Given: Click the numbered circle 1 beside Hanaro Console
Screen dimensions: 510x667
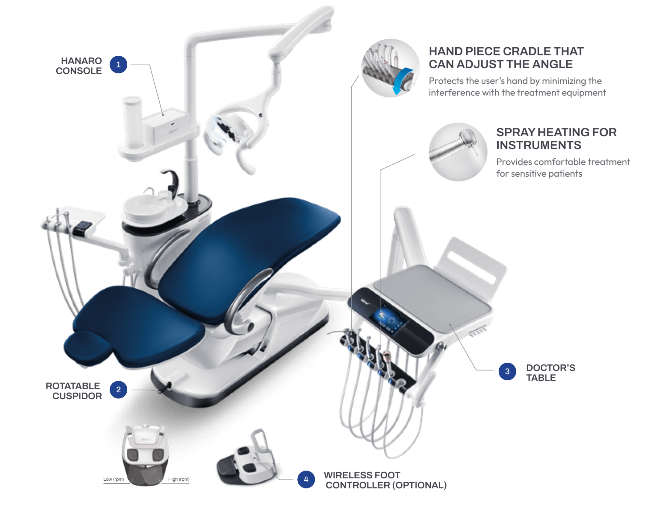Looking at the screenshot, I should [118, 65].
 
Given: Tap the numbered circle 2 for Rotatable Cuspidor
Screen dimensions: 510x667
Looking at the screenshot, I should [118, 389].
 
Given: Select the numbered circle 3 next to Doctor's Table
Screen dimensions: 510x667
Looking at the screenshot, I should [507, 371].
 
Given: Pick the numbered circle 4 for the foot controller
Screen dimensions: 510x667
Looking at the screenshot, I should [306, 479].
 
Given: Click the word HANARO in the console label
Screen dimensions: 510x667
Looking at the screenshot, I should [81, 61].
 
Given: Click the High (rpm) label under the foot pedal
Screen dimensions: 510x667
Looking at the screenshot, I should [178, 479].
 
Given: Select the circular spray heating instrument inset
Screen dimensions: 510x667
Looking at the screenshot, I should [458, 152].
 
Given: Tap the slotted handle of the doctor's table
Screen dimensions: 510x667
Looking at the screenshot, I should [472, 261].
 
